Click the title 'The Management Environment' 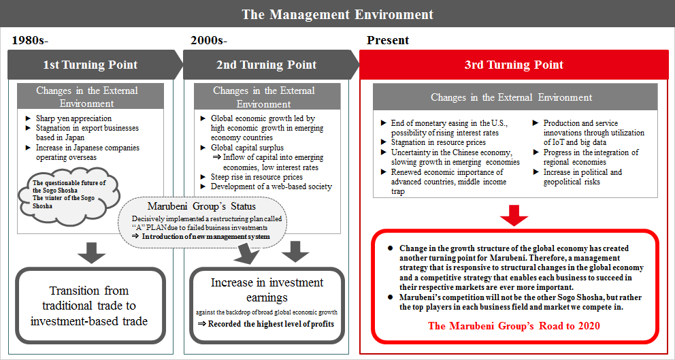(x=337, y=14)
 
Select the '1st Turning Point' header (x=90, y=65)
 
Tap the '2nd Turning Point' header (x=266, y=65)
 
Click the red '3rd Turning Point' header (x=514, y=65)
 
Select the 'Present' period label (x=388, y=40)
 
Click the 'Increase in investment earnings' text (x=267, y=289)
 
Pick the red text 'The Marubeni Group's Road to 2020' (x=514, y=325)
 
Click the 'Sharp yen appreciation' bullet (x=73, y=118)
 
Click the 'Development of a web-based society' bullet (x=271, y=186)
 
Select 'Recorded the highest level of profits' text (x=266, y=323)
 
